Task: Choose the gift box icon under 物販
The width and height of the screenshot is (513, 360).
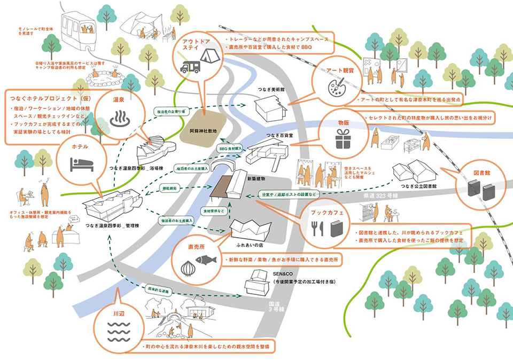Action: tap(340, 141)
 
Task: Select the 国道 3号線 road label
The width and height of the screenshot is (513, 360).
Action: tap(273, 306)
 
